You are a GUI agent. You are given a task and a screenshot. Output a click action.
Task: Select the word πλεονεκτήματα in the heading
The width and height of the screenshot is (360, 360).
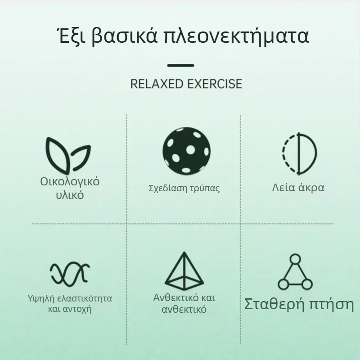(237, 37)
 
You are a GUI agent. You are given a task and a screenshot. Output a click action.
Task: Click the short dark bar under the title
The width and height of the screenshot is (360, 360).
(180, 66)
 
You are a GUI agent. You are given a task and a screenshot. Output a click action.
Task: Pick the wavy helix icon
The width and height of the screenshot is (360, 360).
(69, 272)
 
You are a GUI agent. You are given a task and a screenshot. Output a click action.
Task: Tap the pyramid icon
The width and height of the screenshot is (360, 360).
(184, 270)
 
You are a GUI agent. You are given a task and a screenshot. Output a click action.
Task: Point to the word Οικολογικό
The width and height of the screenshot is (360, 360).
(70, 182)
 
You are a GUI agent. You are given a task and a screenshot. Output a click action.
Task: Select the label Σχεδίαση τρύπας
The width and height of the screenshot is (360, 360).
(184, 188)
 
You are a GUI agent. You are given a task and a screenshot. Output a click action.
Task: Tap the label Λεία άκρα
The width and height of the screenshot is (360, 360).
(298, 187)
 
